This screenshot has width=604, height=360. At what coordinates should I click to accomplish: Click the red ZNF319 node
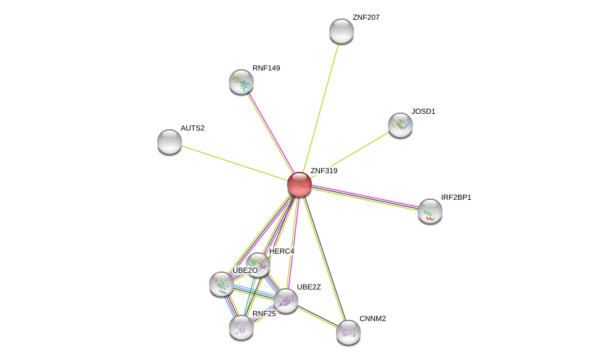(300, 184)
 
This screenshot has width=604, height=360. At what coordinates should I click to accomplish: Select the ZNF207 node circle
(342, 31)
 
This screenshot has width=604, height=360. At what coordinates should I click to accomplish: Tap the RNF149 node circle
(241, 82)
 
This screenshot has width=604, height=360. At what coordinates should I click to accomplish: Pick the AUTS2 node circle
(170, 142)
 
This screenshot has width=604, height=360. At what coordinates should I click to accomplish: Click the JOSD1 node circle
(400, 125)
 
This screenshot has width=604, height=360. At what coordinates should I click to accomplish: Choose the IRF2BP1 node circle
(430, 211)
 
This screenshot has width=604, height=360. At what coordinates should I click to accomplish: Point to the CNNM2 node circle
(348, 332)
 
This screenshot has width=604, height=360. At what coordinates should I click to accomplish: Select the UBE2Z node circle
(286, 301)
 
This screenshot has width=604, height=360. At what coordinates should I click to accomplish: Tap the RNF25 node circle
(241, 327)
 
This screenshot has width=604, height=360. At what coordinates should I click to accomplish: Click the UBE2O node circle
(222, 284)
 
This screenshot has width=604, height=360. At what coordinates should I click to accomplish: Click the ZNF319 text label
(324, 171)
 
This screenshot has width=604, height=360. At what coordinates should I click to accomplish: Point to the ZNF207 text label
(366, 17)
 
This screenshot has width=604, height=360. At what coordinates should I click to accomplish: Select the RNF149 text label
(266, 68)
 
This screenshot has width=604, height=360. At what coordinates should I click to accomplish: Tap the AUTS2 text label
(192, 128)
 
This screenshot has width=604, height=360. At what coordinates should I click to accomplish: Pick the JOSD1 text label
(423, 111)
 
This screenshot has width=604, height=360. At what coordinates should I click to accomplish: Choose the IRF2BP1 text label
(456, 197)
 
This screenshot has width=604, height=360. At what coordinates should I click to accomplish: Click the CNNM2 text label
(373, 319)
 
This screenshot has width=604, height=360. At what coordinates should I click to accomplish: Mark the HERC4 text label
(282, 251)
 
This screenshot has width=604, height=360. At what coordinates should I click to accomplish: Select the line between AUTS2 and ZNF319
(235, 163)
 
